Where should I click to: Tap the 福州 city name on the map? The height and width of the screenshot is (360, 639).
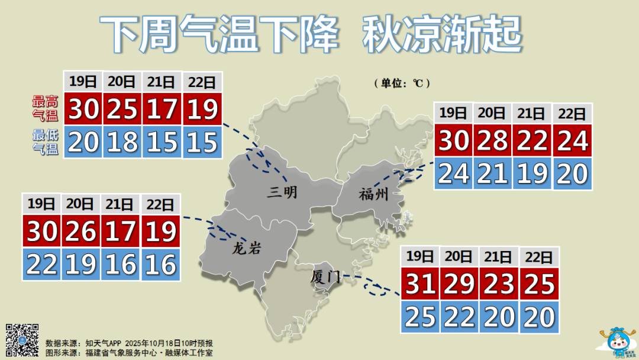373,194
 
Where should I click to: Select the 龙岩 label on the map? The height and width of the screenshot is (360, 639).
246,249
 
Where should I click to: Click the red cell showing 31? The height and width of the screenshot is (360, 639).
421,285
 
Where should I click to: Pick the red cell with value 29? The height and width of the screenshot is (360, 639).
459,285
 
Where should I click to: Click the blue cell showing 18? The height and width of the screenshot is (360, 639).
122,143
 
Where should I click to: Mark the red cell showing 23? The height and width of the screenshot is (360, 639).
499,285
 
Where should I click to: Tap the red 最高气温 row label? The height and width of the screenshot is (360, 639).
45,108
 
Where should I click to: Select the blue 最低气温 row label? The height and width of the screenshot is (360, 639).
45,143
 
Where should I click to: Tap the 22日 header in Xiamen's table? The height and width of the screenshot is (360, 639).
539,256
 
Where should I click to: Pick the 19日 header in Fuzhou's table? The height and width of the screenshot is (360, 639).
454,112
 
